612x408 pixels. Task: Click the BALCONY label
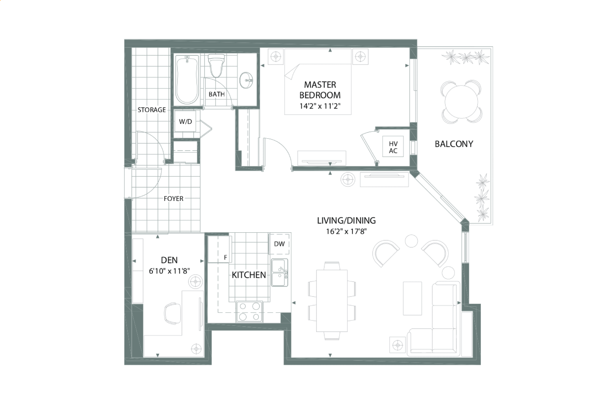tap(454, 144)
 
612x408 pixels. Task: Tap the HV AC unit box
tap(393, 146)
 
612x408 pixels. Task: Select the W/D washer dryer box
tap(185, 121)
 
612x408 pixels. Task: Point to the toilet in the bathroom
tap(216, 66)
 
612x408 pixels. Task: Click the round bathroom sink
tap(247, 80)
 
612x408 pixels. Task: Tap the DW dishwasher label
tap(279, 244)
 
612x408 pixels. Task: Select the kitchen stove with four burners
tap(250, 311)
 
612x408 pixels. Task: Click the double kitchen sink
tap(279, 272)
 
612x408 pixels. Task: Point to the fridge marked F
tap(220, 249)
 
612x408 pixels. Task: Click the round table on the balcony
tap(461, 102)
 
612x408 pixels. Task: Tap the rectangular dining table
tap(332, 301)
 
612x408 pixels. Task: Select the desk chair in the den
tap(173, 313)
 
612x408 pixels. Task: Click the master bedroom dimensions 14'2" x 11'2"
tap(320, 106)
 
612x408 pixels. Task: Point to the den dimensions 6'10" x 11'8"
tap(169, 271)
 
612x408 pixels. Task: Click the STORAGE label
tap(152, 110)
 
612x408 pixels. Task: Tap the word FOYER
tap(174, 199)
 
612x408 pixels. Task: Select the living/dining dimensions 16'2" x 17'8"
tap(346, 232)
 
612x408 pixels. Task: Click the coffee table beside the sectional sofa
tap(412, 298)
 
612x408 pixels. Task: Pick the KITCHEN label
tap(249, 275)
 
